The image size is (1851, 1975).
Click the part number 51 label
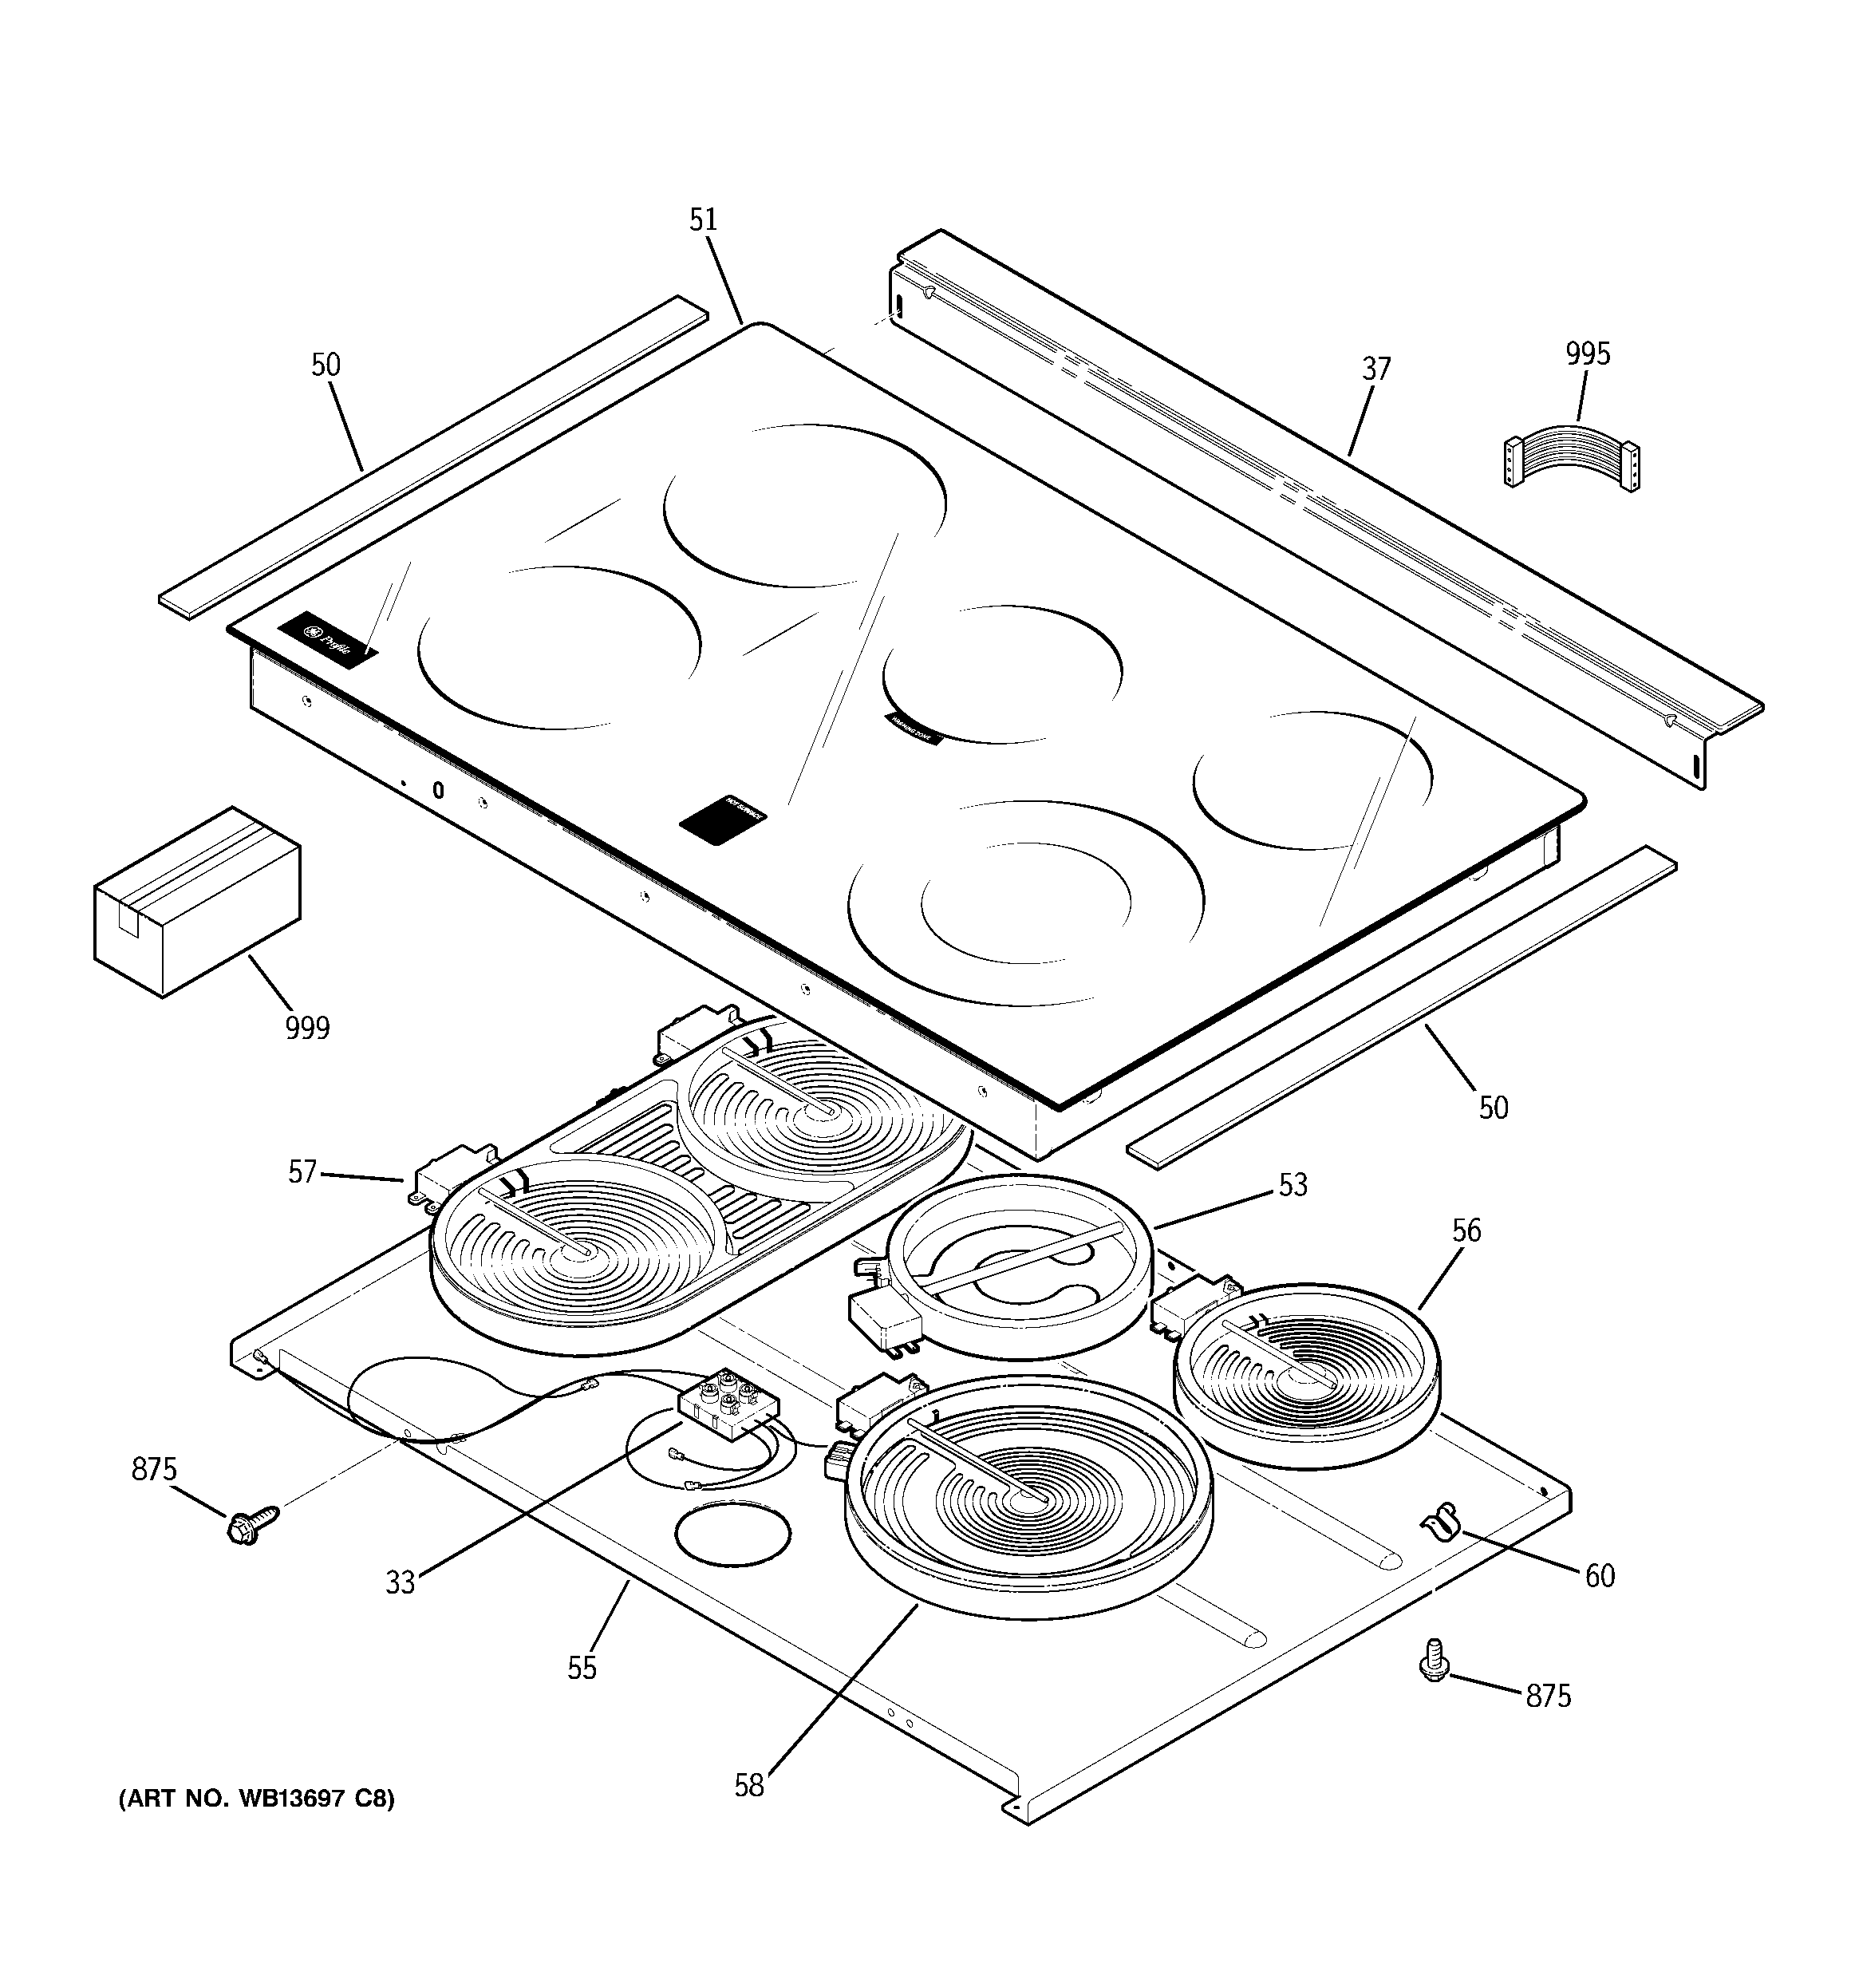[704, 219]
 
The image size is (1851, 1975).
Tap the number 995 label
[1588, 354]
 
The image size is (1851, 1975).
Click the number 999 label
[307, 1027]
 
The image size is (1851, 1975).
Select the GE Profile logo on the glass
[329, 639]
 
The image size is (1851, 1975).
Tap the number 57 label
[302, 1172]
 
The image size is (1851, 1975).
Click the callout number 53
[1293, 1184]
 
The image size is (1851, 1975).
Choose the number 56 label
[1466, 1231]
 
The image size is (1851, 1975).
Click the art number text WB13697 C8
[256, 1826]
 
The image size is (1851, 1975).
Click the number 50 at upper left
[326, 365]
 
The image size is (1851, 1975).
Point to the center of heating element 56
[1305, 1375]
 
